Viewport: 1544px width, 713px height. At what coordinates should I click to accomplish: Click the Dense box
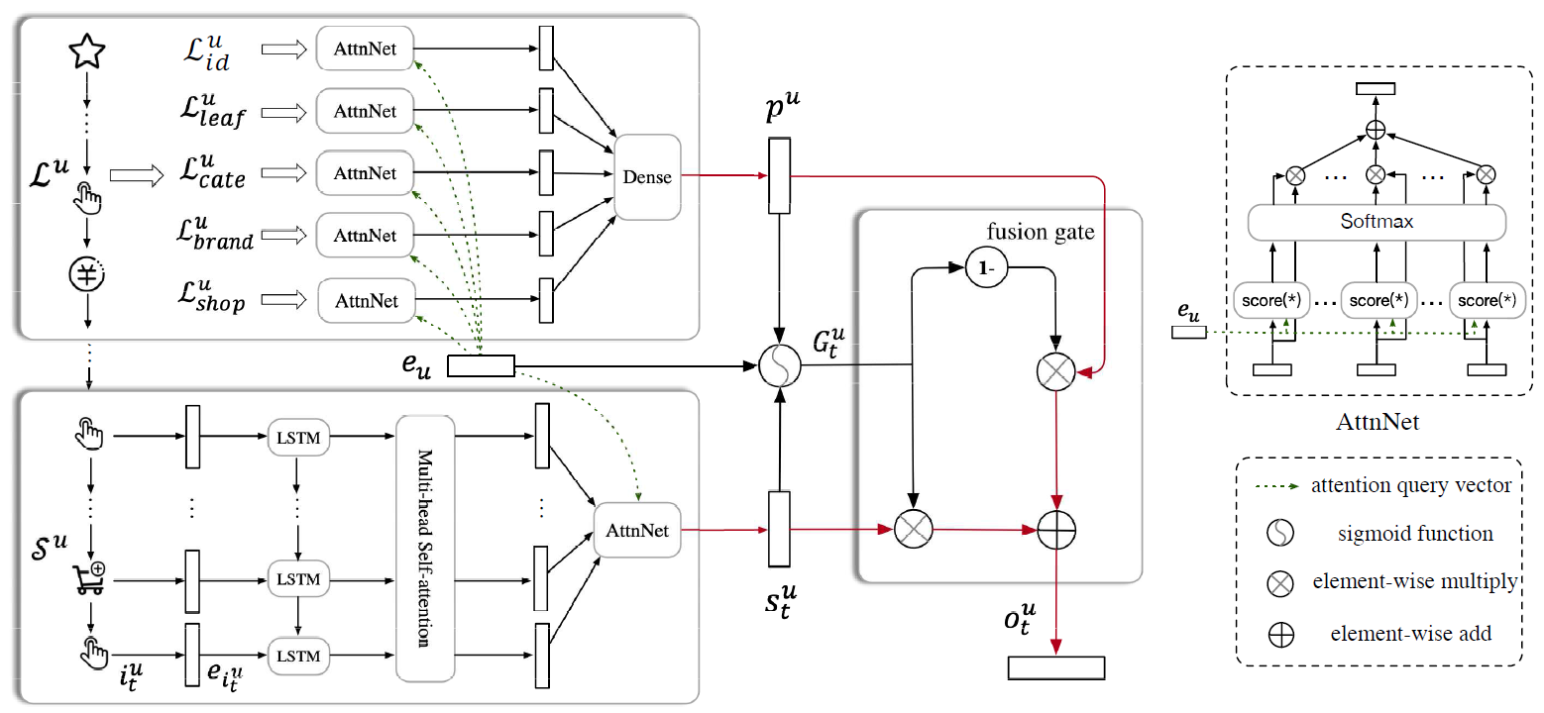point(646,177)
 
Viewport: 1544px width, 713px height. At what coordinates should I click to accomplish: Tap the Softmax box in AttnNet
point(1377,222)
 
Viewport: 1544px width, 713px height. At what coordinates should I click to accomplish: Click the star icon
point(86,51)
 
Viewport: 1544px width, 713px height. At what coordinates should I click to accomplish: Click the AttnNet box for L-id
point(365,49)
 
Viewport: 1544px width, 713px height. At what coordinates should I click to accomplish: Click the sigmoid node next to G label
point(778,368)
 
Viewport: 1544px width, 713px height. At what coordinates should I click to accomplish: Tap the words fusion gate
point(1041,232)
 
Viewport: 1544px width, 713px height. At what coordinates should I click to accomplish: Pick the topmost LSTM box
point(298,435)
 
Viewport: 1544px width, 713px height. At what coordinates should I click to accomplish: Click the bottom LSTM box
point(298,656)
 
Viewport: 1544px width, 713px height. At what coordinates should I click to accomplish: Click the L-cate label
point(212,174)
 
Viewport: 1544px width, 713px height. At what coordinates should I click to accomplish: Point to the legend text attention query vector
point(1411,485)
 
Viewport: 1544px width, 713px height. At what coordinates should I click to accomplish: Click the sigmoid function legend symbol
point(1280,534)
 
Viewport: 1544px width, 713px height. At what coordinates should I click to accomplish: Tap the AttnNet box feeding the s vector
point(638,530)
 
